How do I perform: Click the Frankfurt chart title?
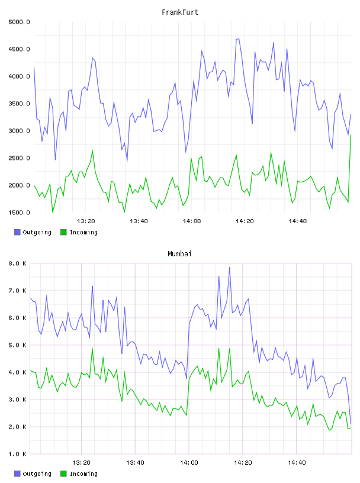tap(180, 12)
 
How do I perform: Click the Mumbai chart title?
tap(179, 254)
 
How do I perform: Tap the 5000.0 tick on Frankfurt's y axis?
tap(19, 22)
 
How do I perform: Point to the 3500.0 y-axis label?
tap(19, 104)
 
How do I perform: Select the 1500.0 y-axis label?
tap(19, 212)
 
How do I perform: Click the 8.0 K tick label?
tap(17, 263)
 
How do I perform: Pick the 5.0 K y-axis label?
tap(17, 345)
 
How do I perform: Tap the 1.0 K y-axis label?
tap(17, 454)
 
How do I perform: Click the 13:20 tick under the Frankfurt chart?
tap(86, 221)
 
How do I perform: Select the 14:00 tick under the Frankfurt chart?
tap(192, 221)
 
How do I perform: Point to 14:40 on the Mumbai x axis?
tap(297, 463)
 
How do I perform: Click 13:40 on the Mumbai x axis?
tap(136, 463)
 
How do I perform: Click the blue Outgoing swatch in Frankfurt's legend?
tap(17, 232)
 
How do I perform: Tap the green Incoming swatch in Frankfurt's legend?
tap(63, 232)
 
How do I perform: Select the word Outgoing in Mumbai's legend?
tap(37, 474)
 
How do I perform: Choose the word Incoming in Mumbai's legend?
tap(83, 474)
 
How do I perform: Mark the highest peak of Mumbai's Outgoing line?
tap(230, 268)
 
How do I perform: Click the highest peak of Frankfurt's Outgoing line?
tap(239, 39)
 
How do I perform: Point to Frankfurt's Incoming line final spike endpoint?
tap(351, 135)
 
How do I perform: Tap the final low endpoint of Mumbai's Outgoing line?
tap(351, 424)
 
